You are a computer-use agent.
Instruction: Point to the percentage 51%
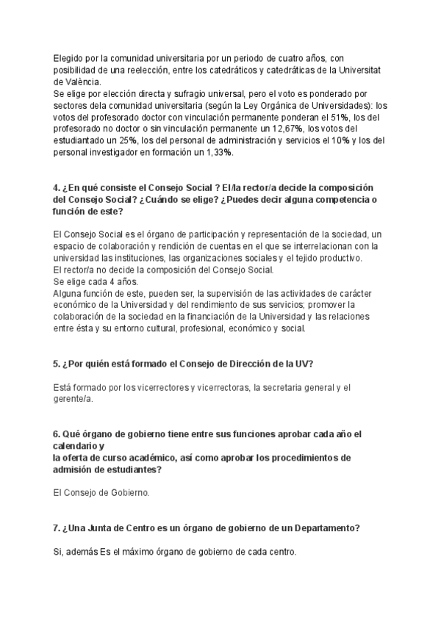[340, 117]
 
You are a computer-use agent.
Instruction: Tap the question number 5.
[57, 364]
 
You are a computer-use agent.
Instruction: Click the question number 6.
[57, 434]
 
